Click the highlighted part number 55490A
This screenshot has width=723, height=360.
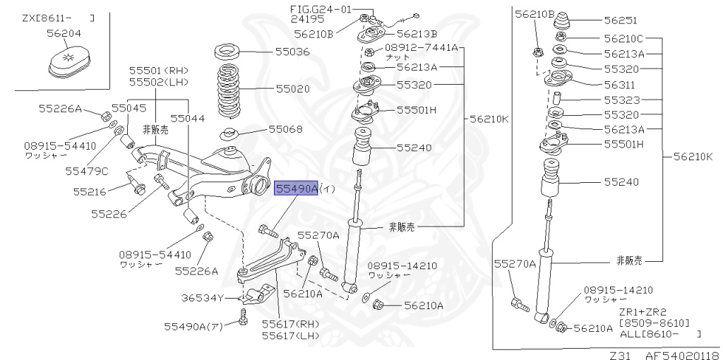point(296,189)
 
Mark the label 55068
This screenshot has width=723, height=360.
point(285,130)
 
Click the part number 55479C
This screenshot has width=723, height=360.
point(87,171)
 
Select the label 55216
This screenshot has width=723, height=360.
point(89,191)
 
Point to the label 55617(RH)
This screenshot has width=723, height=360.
point(290,324)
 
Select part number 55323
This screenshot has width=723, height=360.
point(621,100)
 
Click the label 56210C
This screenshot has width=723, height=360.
point(623,38)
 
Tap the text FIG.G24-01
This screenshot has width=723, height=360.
point(320,8)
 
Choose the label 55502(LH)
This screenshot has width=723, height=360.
point(158,83)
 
